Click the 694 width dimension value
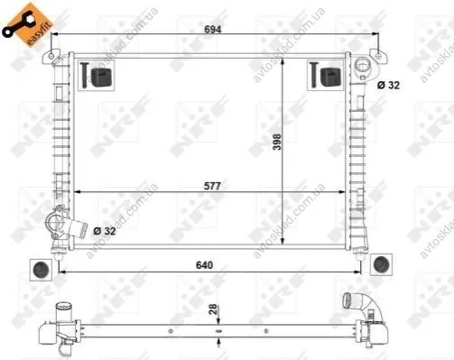tap(212, 29)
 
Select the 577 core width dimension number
tap(212, 186)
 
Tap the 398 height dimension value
tap(277, 142)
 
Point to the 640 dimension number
tap(204, 265)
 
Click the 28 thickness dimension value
tap(213, 309)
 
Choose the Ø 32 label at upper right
tap(388, 85)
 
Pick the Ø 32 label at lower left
tap(105, 231)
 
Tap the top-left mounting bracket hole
tap(51, 56)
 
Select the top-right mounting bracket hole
tap(378, 56)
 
